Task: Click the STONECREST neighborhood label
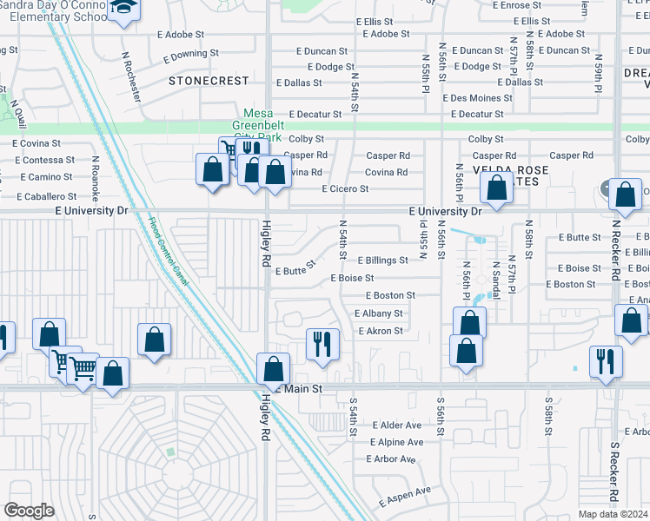click(x=209, y=81)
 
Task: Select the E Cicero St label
click(x=347, y=188)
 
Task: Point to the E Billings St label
click(x=381, y=260)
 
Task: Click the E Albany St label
click(x=378, y=313)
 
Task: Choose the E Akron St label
click(x=380, y=331)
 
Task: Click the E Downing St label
click(x=193, y=54)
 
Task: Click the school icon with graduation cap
click(x=123, y=9)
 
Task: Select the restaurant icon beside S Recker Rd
click(x=606, y=359)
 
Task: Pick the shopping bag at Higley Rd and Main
click(x=274, y=368)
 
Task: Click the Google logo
click(x=30, y=511)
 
